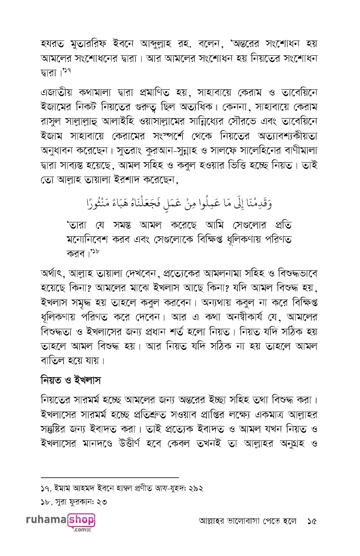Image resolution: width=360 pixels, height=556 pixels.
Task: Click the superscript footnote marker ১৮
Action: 96,251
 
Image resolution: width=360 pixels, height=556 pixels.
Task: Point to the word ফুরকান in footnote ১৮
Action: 79,502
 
